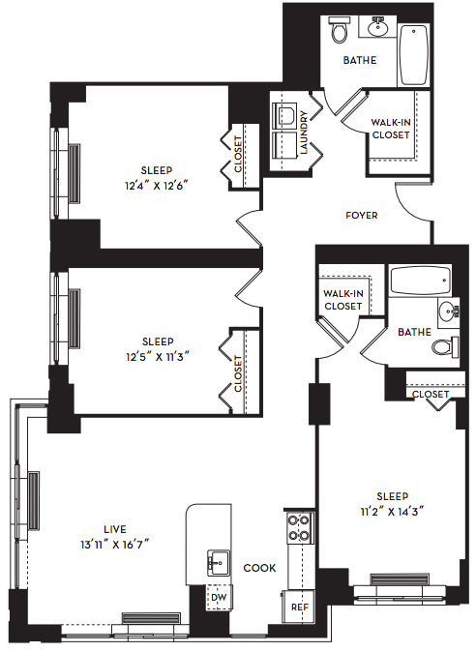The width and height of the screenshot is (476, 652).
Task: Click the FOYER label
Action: (362, 216)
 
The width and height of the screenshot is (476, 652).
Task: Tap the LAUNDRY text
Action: (304, 133)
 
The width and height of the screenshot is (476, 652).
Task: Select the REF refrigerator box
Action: (299, 608)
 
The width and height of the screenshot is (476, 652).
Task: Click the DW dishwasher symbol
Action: (219, 598)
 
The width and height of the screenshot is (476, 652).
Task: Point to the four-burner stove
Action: (299, 527)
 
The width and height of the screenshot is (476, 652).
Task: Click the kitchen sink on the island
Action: (219, 563)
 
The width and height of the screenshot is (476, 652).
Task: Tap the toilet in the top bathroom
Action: (339, 29)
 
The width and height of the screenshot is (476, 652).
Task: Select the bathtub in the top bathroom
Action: (414, 55)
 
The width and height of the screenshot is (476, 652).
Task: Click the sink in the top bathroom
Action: (378, 27)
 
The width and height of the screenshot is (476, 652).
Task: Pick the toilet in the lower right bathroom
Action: (445, 346)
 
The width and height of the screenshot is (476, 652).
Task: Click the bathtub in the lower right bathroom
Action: (420, 281)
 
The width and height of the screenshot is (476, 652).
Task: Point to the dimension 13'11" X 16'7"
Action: (115, 545)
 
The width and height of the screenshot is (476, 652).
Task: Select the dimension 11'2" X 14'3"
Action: (392, 512)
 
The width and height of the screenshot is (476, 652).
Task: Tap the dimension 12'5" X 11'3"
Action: (158, 357)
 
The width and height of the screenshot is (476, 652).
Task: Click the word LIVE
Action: (115, 529)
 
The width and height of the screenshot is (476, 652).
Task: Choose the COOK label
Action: (259, 568)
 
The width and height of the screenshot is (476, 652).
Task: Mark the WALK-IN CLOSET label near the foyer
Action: (391, 129)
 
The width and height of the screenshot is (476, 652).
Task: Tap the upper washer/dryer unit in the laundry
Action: (285, 114)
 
